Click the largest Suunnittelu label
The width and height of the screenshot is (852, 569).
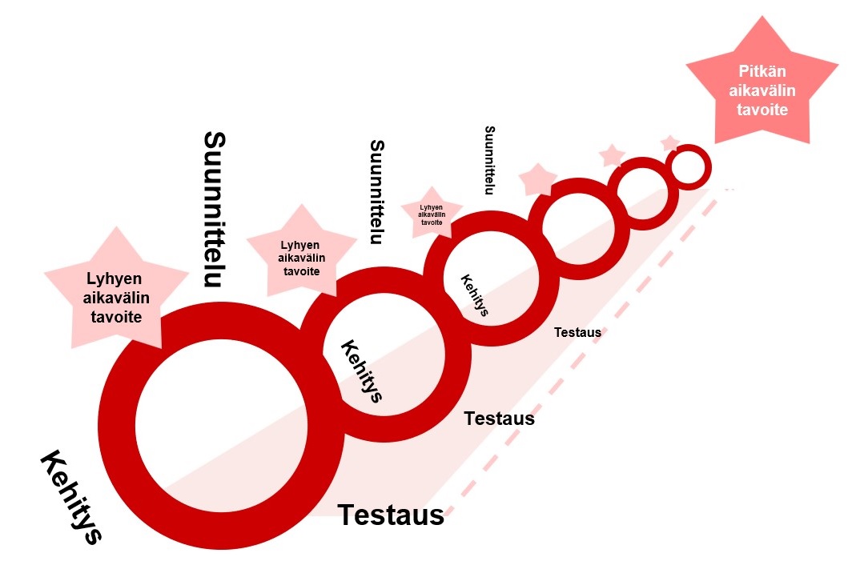click(214, 209)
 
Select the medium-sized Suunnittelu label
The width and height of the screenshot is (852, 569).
click(377, 192)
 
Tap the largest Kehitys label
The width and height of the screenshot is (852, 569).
click(71, 497)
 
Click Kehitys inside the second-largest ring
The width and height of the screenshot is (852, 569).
click(362, 371)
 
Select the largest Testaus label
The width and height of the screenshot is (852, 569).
click(391, 515)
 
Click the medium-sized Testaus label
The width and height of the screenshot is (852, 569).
click(499, 418)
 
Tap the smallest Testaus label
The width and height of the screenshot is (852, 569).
click(577, 332)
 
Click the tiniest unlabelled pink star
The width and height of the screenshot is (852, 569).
click(670, 142)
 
